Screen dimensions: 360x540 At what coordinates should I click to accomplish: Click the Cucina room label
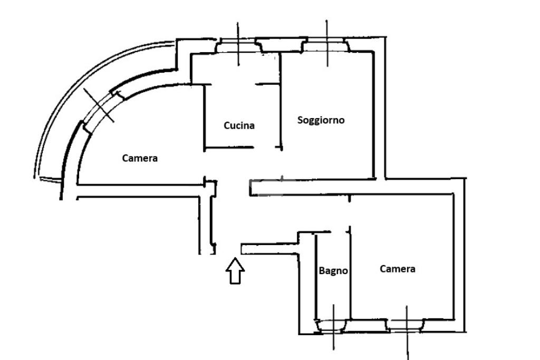click(x=239, y=125)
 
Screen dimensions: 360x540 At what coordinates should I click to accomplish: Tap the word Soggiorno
click(x=321, y=120)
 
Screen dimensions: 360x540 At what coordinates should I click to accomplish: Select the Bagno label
click(x=333, y=271)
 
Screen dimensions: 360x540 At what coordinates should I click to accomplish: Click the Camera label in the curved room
click(x=140, y=158)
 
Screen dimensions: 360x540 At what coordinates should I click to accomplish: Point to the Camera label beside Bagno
click(x=398, y=269)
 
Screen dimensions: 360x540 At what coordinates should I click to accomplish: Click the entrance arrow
click(x=235, y=271)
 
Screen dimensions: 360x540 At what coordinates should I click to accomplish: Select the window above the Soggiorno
click(x=327, y=46)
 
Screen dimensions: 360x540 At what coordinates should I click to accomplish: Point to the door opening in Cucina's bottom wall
click(x=267, y=148)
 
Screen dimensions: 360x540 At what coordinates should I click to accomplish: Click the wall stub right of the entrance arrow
click(x=269, y=248)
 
